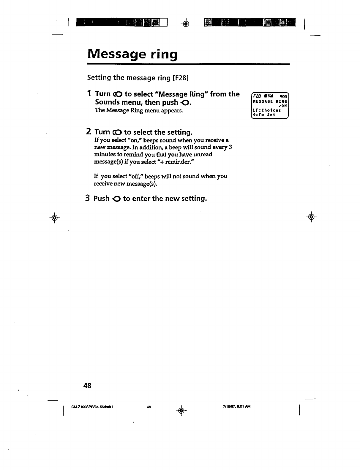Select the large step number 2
click(x=89, y=132)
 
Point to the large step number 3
click(x=88, y=198)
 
